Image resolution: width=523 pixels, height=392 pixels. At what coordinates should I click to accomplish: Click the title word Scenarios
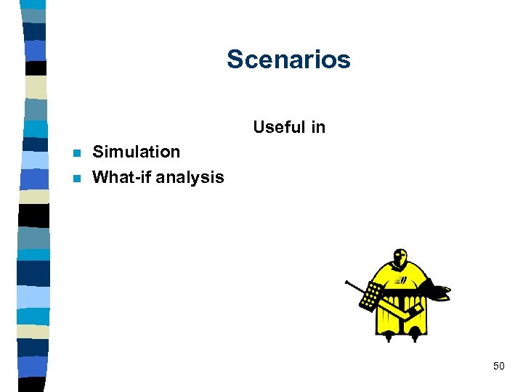click(288, 60)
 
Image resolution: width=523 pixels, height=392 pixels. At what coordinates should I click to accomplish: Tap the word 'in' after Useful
click(318, 128)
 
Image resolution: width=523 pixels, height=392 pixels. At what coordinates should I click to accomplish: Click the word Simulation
click(137, 152)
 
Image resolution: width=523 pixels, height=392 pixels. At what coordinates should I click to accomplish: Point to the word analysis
click(190, 176)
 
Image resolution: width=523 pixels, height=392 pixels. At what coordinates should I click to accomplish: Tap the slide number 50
click(498, 366)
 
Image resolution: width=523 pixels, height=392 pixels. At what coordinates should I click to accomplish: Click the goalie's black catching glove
click(438, 292)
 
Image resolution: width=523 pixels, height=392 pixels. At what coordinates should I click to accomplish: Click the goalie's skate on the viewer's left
click(391, 336)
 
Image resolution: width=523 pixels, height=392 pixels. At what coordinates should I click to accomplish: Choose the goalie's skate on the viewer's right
click(415, 335)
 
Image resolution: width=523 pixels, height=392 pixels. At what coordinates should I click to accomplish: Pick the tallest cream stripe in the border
click(35, 87)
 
